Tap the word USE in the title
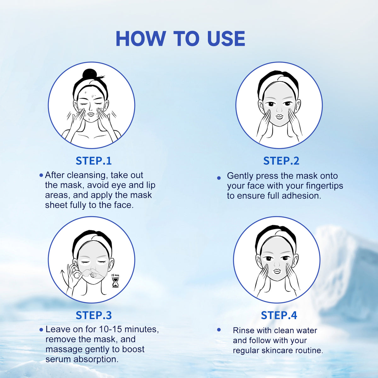[226, 39]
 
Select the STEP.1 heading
[94, 161]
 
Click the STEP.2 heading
[281, 161]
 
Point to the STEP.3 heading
[94, 315]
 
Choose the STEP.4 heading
[279, 315]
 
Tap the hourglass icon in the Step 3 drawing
[115, 282]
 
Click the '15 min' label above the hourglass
[115, 275]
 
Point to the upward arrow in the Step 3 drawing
[62, 273]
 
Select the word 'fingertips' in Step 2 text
[321, 186]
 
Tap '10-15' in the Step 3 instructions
[110, 329]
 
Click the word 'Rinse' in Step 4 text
[243, 330]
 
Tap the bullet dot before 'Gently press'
[219, 178]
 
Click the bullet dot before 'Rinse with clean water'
[219, 330]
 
